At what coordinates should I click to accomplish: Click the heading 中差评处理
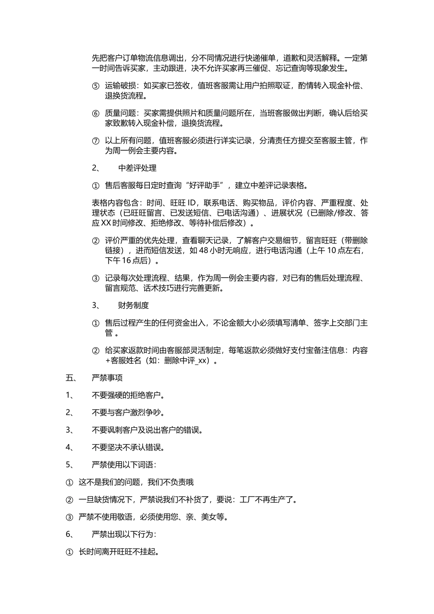[x=137, y=168]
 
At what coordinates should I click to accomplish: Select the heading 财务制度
[x=133, y=306]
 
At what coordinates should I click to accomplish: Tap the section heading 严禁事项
[x=107, y=378]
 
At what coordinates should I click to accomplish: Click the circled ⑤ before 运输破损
[x=95, y=86]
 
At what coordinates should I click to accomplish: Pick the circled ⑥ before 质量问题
[x=95, y=113]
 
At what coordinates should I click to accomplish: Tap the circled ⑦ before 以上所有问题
[x=95, y=141]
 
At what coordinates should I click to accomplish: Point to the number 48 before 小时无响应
[x=204, y=251]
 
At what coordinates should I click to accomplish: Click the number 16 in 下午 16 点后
[x=126, y=261]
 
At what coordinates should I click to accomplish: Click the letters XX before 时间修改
[x=106, y=223]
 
